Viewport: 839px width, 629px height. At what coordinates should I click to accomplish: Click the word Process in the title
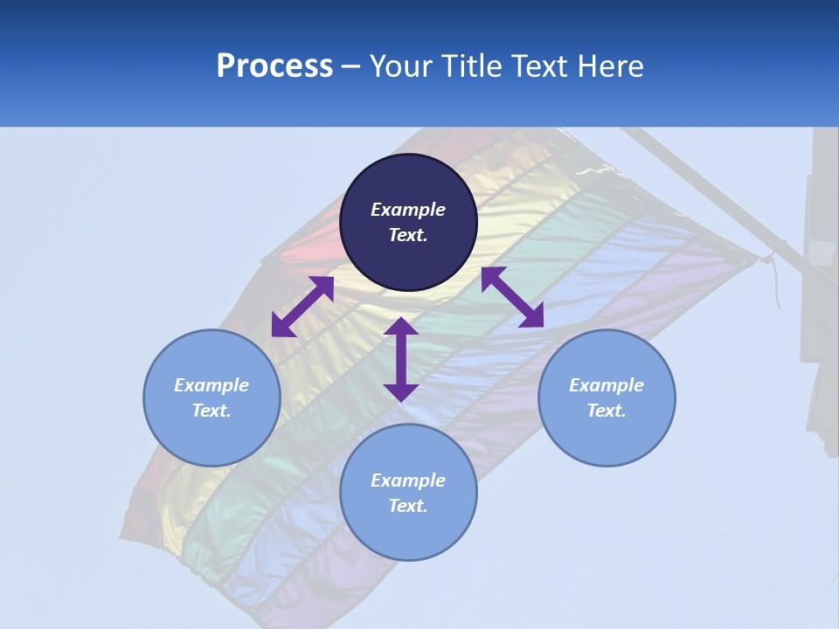coord(274,66)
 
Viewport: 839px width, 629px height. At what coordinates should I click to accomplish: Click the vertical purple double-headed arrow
coord(401,359)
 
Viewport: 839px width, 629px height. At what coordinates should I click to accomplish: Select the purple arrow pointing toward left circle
coord(302,307)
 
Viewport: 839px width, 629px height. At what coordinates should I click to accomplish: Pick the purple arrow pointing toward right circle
coord(512,297)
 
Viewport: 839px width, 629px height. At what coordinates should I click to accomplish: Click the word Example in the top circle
coord(408,210)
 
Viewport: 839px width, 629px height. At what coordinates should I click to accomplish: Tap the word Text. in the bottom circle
coord(408,506)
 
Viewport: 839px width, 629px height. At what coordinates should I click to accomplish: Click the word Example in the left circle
coord(211,385)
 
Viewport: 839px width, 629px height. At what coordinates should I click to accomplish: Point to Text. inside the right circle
coord(607,411)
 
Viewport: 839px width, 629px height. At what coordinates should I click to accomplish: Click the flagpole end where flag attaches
coord(767,257)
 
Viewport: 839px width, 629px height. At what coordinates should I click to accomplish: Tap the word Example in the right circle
coord(607,385)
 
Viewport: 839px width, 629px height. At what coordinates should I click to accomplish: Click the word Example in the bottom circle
coord(408,480)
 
